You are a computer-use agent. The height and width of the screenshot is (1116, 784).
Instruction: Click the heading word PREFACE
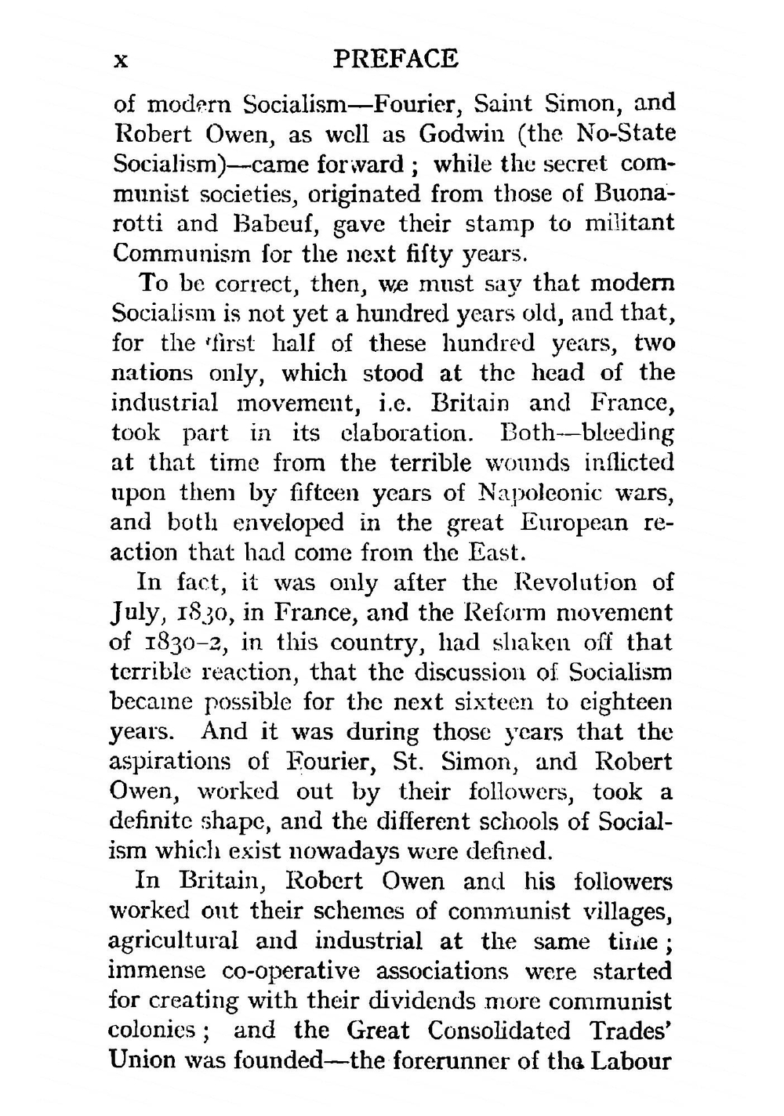point(395,59)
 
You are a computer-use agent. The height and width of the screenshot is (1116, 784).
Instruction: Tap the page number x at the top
point(120,60)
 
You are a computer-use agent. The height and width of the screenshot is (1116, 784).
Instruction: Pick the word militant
point(629,223)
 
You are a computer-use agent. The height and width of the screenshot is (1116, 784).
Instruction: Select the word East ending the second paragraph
point(493,553)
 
